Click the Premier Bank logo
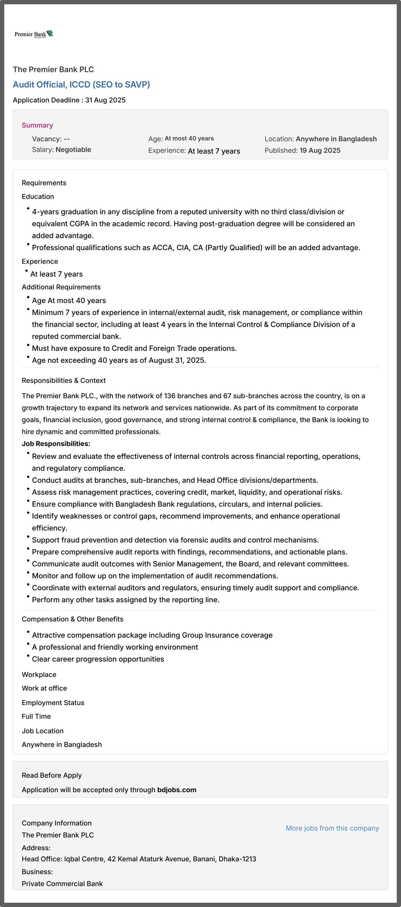pos(34,34)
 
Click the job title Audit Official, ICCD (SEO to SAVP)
pos(81,85)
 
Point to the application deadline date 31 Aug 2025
pos(105,100)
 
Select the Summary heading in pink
pos(37,125)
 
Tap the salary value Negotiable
pos(73,150)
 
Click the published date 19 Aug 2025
pos(320,151)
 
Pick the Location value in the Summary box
pos(336,139)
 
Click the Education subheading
pos(38,197)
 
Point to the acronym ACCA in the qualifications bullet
pos(162,248)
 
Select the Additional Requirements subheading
pos(61,287)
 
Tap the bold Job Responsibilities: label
pos(56,444)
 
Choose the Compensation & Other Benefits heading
pos(72,619)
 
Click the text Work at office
pos(44,688)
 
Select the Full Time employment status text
pos(36,716)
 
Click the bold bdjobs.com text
pos(176,790)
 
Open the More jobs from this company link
pos(332,828)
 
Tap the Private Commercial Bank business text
pos(62,884)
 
